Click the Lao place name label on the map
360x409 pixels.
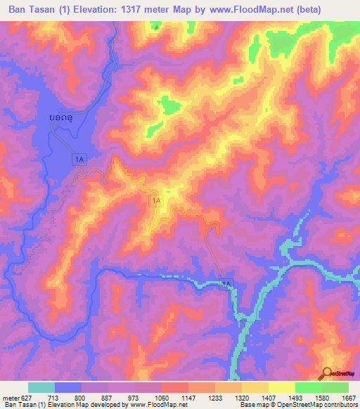tap(63, 117)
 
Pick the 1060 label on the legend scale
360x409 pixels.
tap(161, 397)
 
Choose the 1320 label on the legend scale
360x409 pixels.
tap(241, 397)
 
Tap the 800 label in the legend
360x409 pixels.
tap(82, 397)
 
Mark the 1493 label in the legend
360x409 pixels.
tap(295, 397)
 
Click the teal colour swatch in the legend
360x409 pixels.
tap(41, 387)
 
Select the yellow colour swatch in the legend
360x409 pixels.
tap(281, 387)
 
